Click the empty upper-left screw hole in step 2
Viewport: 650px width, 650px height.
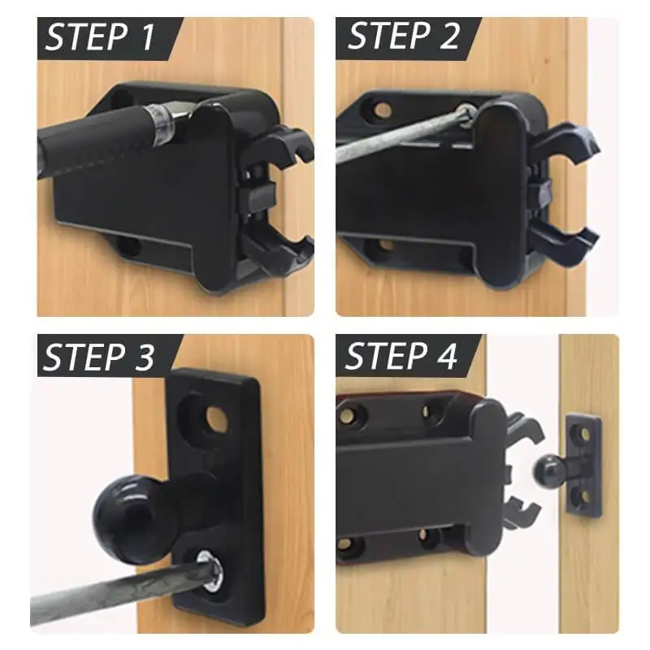(x=379, y=107)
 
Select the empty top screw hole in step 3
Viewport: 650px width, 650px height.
(x=214, y=417)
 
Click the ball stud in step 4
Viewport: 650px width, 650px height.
(x=547, y=468)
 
